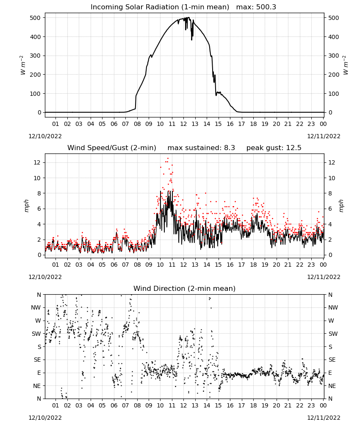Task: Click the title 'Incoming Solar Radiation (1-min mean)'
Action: pyautogui.click(x=160, y=7)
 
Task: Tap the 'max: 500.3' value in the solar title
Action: pyautogui.click(x=256, y=7)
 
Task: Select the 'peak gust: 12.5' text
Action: pyautogui.click(x=274, y=148)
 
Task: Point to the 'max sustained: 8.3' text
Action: pyautogui.click(x=201, y=148)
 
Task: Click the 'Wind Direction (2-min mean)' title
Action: pyautogui.click(x=185, y=288)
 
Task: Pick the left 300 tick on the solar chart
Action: pyautogui.click(x=36, y=56)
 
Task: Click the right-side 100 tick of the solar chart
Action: pyautogui.click(x=334, y=94)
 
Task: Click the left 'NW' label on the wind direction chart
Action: pyautogui.click(x=36, y=308)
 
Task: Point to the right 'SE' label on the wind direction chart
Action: pyautogui.click(x=332, y=360)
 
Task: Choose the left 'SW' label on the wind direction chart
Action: pyautogui.click(x=36, y=334)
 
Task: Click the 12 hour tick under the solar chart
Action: pyautogui.click(x=183, y=124)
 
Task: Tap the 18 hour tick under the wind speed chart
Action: pyautogui.click(x=253, y=265)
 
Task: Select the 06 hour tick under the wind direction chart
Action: pyautogui.click(x=114, y=405)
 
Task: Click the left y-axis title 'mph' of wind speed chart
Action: pyautogui.click(x=26, y=206)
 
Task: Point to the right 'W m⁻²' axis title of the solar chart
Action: pyautogui.click(x=346, y=65)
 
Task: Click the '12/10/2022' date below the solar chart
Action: pyautogui.click(x=45, y=136)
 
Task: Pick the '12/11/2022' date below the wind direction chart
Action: pyautogui.click(x=324, y=418)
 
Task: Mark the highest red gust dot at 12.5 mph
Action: pyautogui.click(x=168, y=158)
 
